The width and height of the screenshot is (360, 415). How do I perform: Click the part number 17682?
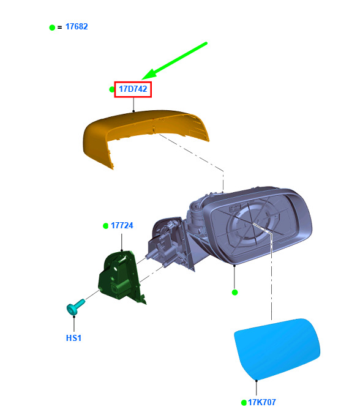tap(77, 27)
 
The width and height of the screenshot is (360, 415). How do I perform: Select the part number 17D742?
tap(133, 89)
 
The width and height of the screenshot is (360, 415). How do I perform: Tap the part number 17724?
tap(122, 225)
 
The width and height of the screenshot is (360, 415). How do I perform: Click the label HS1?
tap(73, 338)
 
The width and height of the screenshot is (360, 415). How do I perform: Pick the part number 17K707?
tap(262, 402)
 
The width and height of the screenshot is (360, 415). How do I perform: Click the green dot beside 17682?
tap(52, 28)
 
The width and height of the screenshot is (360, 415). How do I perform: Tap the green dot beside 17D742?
tap(111, 89)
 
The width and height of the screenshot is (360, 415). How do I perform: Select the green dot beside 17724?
tap(105, 226)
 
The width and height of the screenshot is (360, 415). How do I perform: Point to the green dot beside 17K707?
tap(244, 403)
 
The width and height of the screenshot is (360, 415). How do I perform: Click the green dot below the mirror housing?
tap(234, 292)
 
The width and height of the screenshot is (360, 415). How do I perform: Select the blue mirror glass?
tap(277, 350)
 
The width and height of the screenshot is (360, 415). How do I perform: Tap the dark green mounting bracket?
tap(121, 277)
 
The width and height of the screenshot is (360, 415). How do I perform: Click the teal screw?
tap(75, 307)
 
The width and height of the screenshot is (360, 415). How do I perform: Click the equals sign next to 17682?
tap(59, 28)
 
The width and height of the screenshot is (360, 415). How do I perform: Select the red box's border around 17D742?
tap(133, 82)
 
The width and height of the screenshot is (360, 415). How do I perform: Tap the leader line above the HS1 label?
tap(74, 325)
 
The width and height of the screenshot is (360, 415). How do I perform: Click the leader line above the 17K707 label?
tap(257, 389)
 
